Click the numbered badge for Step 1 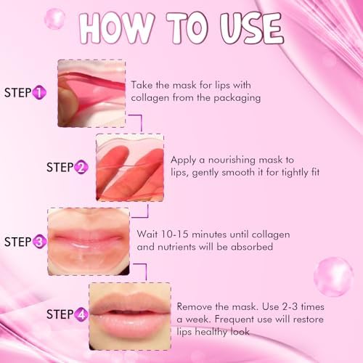click(39, 93)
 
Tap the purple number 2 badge click(81, 167)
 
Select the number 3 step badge click(39, 242)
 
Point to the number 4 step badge click(81, 314)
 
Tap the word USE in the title click(252, 28)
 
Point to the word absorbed click(252, 247)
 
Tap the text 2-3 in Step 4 click(290, 307)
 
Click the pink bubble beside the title click(54, 19)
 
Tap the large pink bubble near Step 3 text click(334, 277)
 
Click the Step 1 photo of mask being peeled click(91, 94)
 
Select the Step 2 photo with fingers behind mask click(130, 168)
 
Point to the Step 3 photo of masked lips click(89, 242)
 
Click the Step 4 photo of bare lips click(130, 316)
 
